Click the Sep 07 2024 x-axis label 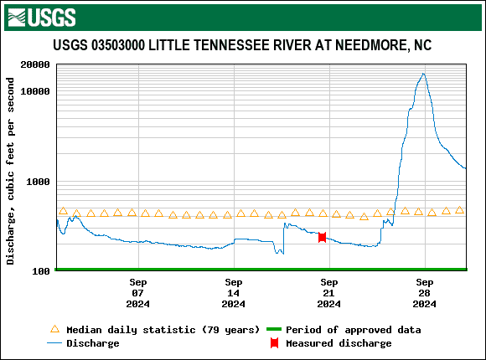138,293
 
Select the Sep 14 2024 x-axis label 234,293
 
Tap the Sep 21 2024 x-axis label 329,293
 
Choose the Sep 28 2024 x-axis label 425,293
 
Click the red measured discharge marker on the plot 322,238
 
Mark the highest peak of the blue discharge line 424,74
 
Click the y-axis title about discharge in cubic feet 11,171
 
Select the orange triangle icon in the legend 55,329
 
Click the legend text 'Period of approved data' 354,330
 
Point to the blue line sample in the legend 55,343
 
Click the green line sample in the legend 272,330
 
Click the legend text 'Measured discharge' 339,343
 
